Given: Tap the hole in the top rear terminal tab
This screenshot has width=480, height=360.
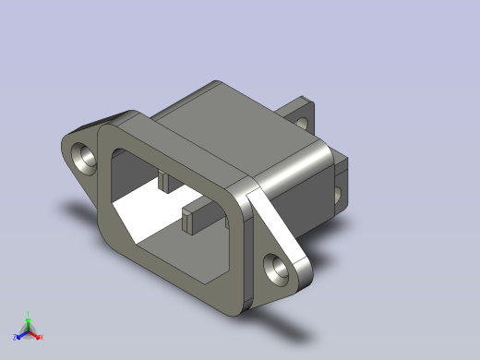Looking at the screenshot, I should tap(302, 118).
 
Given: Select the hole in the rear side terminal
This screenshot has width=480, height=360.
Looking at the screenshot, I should tap(337, 195).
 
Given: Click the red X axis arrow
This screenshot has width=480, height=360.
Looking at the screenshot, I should tap(36, 335).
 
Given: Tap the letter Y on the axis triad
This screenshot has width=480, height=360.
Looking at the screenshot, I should tap(29, 314).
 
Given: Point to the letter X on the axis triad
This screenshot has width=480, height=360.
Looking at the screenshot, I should tap(42, 337).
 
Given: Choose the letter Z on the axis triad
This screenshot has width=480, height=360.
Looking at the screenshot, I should tap(14, 338).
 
